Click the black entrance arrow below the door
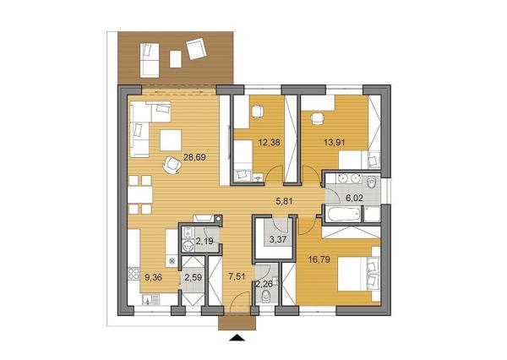click(238, 339)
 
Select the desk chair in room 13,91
click(319, 117)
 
